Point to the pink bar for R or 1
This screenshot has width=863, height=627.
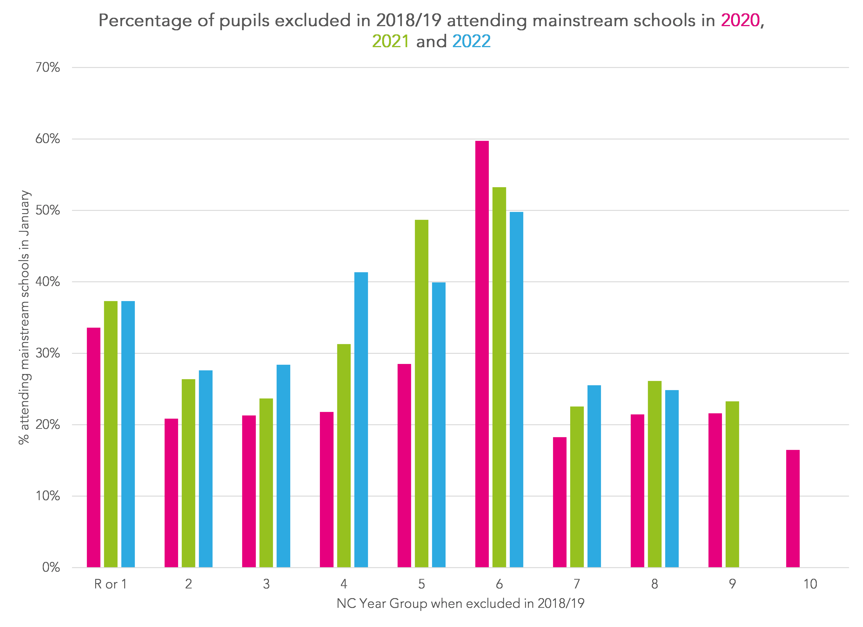click(94, 447)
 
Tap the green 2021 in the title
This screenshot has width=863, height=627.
click(390, 41)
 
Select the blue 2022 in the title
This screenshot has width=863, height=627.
click(472, 41)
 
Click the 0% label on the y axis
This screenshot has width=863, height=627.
click(51, 567)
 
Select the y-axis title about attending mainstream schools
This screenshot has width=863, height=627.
click(24, 317)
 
